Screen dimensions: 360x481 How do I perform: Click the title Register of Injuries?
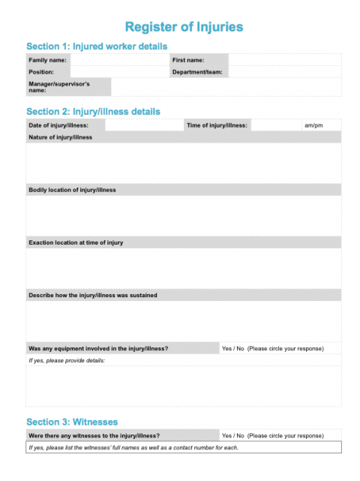click(x=184, y=27)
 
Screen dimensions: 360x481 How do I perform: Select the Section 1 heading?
click(x=97, y=47)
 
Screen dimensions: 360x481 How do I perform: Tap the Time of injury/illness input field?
click(x=275, y=125)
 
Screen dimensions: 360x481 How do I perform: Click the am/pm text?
click(x=313, y=125)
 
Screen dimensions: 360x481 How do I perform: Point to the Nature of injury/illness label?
click(x=60, y=137)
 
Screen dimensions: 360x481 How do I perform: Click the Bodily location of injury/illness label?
click(x=72, y=190)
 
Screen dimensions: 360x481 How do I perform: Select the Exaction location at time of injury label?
click(x=76, y=242)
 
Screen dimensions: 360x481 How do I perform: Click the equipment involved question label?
click(x=98, y=348)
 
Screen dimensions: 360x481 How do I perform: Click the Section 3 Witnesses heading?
click(x=72, y=422)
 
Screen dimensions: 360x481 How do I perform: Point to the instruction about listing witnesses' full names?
click(x=133, y=447)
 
